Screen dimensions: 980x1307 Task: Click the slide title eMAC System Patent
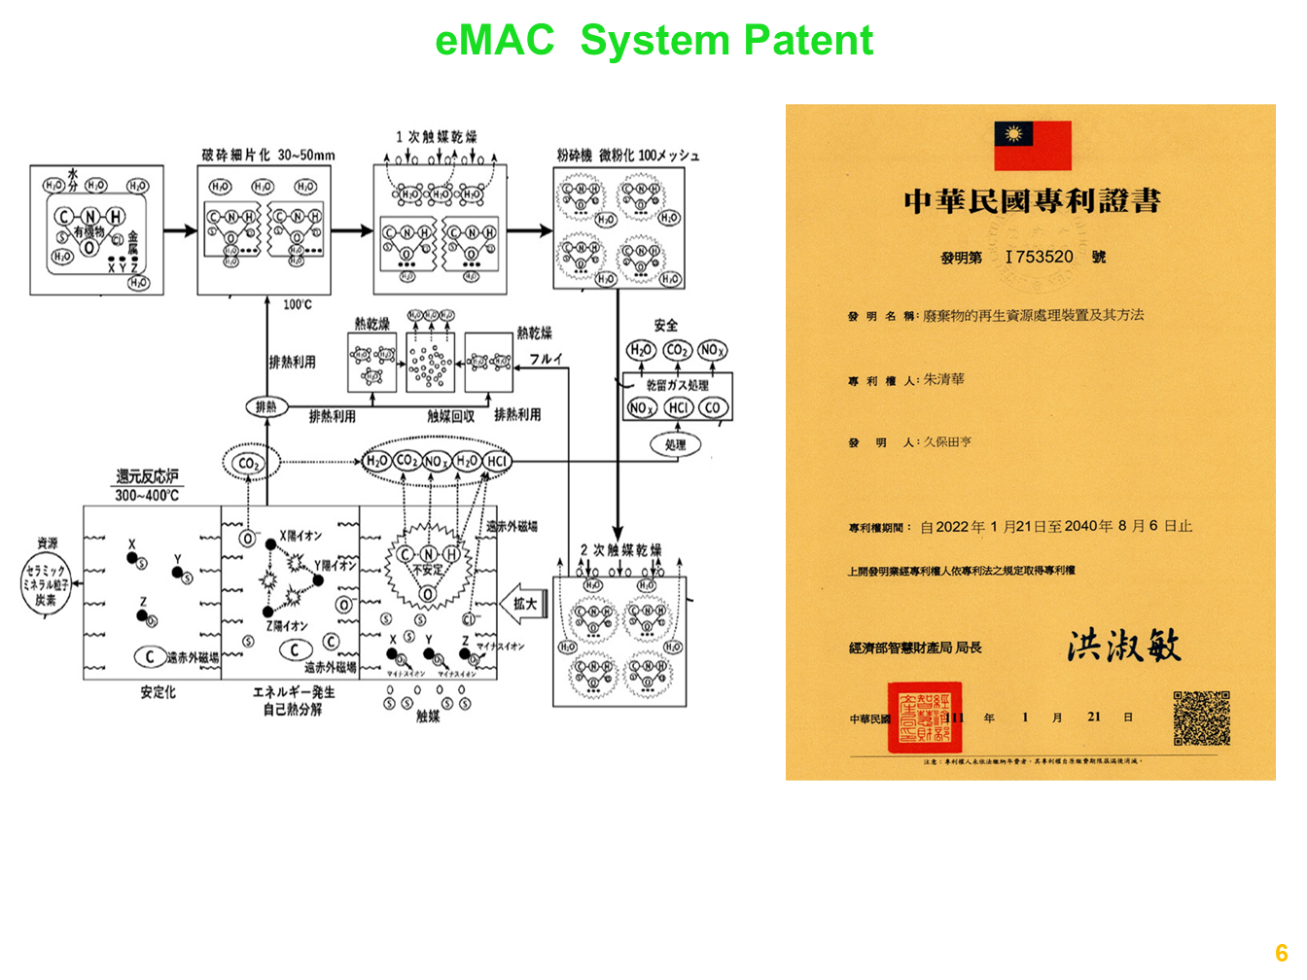[653, 41]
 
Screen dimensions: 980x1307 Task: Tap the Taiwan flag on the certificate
[1032, 145]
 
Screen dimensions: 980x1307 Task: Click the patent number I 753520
[1040, 257]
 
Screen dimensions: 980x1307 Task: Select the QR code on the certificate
[1201, 718]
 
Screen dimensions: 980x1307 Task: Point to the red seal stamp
[924, 717]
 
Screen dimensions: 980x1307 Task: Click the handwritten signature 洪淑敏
[1123, 646]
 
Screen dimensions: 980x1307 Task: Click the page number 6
[1281, 953]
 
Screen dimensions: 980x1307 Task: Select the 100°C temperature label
[298, 304]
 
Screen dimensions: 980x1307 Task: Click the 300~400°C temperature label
[147, 495]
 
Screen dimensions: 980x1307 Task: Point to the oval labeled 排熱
[265, 406]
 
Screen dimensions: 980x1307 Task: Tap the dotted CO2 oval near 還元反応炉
[250, 464]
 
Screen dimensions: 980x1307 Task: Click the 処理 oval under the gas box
[675, 444]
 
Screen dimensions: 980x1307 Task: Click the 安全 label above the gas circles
[666, 325]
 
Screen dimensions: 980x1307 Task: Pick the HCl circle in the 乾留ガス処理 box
[678, 407]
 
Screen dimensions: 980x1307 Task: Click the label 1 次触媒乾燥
[436, 137]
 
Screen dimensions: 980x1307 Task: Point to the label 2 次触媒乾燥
[620, 550]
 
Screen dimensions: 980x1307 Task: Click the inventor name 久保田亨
[947, 442]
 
